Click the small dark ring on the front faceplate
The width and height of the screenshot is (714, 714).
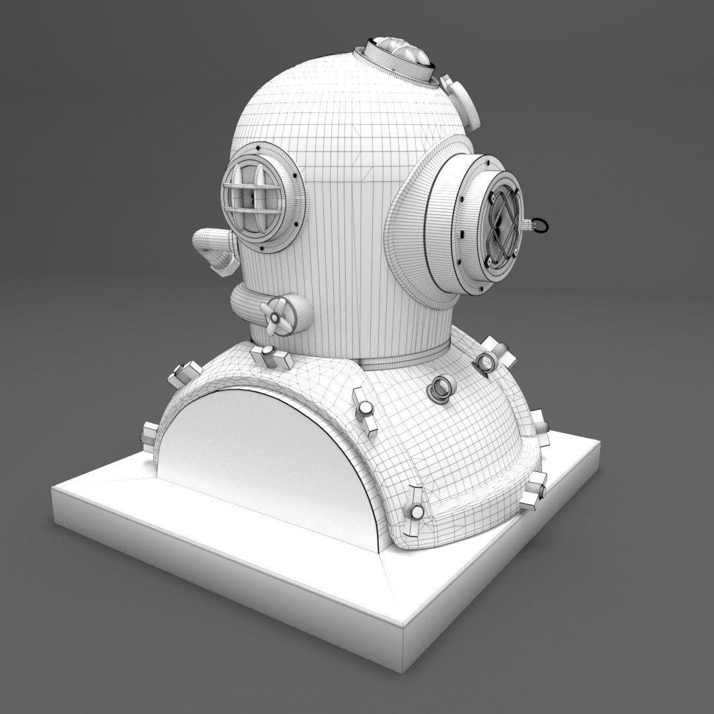click(x=540, y=225)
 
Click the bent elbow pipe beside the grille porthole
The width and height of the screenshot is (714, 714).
click(x=215, y=248)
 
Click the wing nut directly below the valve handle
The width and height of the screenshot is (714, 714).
click(x=272, y=357)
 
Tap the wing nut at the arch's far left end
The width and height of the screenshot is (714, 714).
click(x=149, y=436)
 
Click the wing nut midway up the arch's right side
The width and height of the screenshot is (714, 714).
click(x=364, y=409)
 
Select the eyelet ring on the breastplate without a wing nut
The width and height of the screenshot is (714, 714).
click(x=440, y=389)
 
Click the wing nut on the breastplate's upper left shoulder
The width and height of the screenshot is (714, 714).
click(x=184, y=374)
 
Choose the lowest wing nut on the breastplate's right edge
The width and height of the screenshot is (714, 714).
click(x=535, y=491)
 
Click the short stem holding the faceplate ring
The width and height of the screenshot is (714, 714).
click(x=527, y=225)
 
